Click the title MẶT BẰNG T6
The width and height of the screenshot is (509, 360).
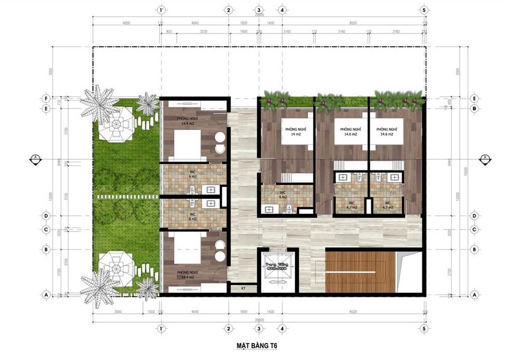[257, 346]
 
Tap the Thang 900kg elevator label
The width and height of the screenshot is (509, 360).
[276, 266]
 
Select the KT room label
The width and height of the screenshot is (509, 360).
[243, 288]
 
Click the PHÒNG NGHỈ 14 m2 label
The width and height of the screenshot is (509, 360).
[296, 132]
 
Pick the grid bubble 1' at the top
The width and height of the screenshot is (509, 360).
[162, 10]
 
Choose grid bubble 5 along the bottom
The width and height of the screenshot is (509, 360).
[424, 328]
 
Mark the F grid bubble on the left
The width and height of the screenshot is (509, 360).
[46, 99]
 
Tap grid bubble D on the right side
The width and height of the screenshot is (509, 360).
[474, 216]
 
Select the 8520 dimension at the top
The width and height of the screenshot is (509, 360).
[353, 23]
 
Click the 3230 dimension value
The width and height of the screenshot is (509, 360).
[203, 32]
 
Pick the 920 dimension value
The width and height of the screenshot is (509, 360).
[169, 32]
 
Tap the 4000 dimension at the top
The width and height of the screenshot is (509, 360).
[126, 23]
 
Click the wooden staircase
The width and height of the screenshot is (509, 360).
[360, 272]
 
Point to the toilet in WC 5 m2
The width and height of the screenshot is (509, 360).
[289, 208]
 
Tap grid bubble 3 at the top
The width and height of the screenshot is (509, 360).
[259, 10]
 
